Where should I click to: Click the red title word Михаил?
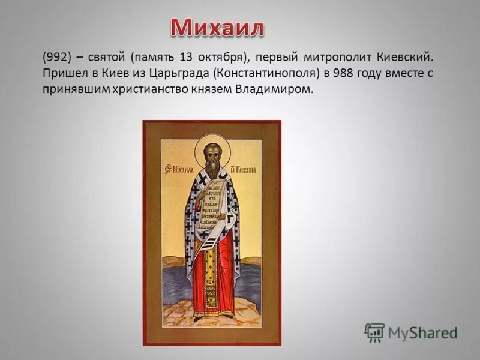(217, 28)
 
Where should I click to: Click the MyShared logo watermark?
(411, 332)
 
